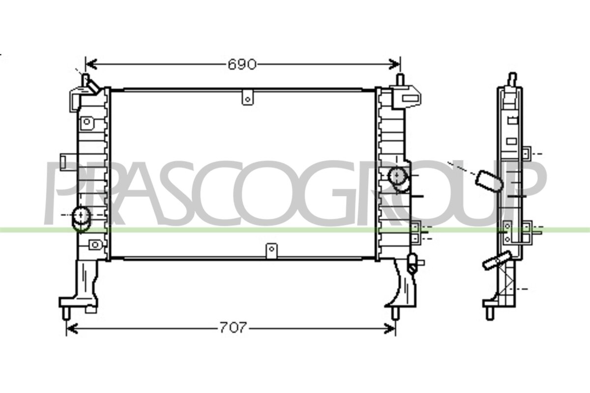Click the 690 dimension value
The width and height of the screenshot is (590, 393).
click(x=242, y=64)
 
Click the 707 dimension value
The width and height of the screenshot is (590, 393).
click(x=233, y=328)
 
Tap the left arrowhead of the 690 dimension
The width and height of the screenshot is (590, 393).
click(x=91, y=64)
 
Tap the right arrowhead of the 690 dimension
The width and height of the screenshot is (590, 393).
click(x=394, y=64)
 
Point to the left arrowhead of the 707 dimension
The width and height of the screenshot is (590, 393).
click(x=72, y=329)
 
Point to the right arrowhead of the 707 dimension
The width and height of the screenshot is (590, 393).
click(x=389, y=329)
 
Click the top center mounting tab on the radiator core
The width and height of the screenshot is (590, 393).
click(x=248, y=97)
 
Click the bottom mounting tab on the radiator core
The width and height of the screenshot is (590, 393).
click(x=271, y=251)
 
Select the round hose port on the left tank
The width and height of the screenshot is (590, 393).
click(x=82, y=219)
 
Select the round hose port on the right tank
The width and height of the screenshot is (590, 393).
click(x=398, y=179)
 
